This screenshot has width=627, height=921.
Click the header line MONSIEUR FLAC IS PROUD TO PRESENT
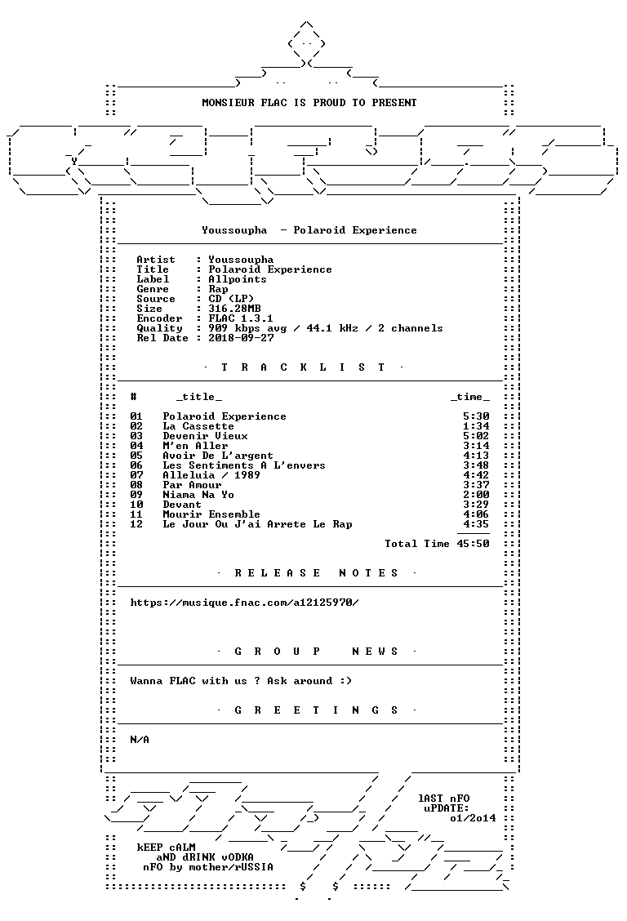(309, 103)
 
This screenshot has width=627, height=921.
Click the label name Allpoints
(238, 279)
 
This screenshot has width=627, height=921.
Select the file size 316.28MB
(234, 309)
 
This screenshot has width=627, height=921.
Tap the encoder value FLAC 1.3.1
(241, 318)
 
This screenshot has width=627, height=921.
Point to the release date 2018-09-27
(241, 338)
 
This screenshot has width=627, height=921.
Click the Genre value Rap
(219, 290)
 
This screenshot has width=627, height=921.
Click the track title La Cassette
(198, 426)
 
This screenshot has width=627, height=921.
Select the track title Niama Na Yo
(198, 495)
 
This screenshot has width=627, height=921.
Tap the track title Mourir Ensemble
(211, 514)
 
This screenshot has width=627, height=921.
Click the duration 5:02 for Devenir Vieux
(476, 437)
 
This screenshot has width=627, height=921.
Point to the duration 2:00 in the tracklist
(476, 495)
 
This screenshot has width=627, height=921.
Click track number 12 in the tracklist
(136, 524)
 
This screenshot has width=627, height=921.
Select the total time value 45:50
(474, 544)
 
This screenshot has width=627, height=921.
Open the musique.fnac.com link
(244, 603)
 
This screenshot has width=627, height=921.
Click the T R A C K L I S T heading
(303, 367)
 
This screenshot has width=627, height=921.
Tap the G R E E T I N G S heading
(317, 710)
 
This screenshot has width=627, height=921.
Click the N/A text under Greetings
(140, 740)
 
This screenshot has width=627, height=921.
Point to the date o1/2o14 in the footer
(474, 818)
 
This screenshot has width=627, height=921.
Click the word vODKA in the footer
(238, 857)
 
